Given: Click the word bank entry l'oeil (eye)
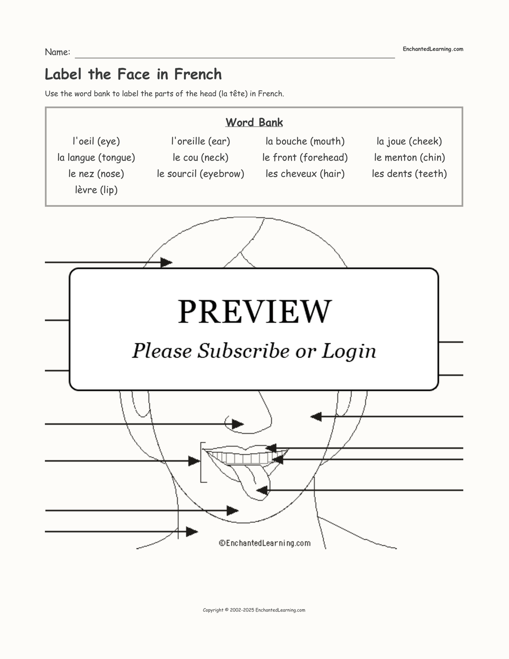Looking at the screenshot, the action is (x=96, y=141).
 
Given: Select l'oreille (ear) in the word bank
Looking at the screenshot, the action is (x=200, y=141).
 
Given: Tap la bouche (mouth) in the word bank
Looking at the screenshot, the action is (x=305, y=141).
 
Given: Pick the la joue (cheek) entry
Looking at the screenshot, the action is (x=409, y=141).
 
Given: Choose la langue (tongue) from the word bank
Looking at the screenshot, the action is (x=96, y=158).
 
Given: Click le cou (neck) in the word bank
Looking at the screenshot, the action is (x=200, y=158).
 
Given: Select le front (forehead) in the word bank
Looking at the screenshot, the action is (x=305, y=158).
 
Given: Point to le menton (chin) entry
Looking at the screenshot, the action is (x=409, y=158).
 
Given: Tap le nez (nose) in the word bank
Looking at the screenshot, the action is (x=96, y=174).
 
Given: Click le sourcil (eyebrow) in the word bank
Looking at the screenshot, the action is (x=200, y=174).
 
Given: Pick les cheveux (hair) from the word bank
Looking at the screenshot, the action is (x=305, y=174).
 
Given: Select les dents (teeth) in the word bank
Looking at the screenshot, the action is (x=409, y=174).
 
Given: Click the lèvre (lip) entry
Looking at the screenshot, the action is (x=96, y=190).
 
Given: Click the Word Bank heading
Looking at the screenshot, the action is (x=254, y=122).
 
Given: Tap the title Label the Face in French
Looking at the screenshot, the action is (x=133, y=74).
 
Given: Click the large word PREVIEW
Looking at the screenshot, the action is (x=254, y=312).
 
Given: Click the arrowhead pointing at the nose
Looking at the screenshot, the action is (x=238, y=424).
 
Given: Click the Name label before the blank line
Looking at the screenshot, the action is (x=57, y=52).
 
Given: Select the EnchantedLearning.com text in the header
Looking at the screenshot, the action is (x=432, y=49).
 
